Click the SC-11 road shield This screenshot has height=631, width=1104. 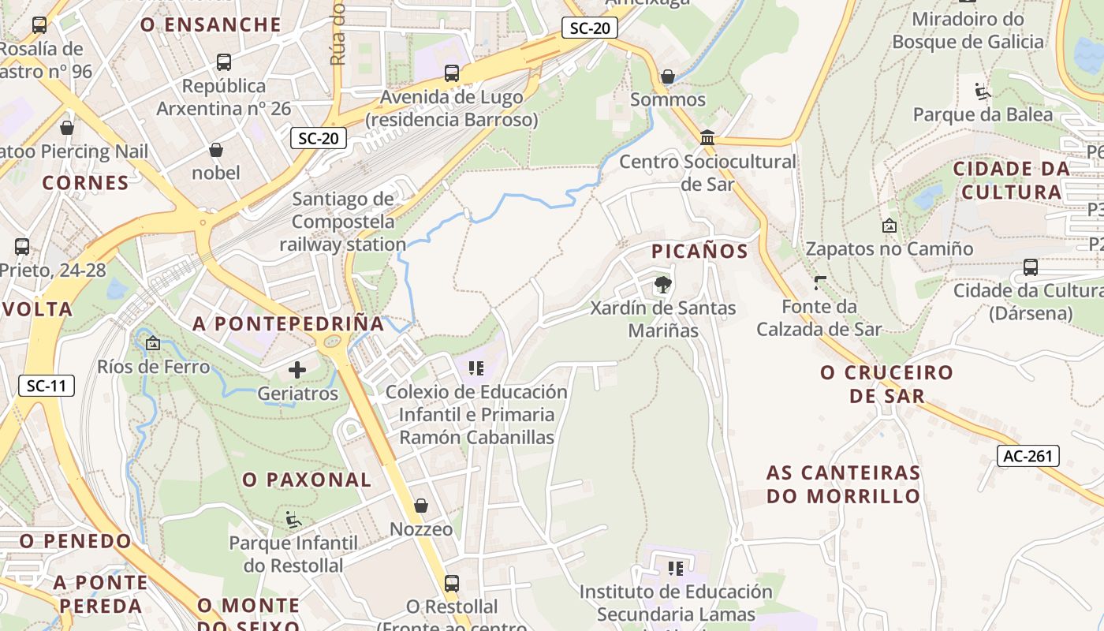click(x=47, y=386)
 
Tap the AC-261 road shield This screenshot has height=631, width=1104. click(x=1028, y=456)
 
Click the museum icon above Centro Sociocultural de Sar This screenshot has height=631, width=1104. click(x=707, y=138)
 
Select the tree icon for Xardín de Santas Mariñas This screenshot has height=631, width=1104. click(x=662, y=284)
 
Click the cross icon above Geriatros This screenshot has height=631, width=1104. click(x=297, y=369)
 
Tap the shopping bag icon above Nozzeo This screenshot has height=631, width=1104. click(x=421, y=505)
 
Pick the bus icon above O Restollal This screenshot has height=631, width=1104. click(x=452, y=583)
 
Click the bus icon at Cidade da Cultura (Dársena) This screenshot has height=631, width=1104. click(x=1031, y=267)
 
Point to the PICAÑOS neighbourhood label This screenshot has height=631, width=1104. click(x=699, y=252)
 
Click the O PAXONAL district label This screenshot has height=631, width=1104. click(x=307, y=480)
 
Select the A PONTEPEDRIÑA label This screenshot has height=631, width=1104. click(x=289, y=323)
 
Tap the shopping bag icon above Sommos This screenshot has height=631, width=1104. click(x=668, y=76)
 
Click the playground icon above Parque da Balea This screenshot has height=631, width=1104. click(x=983, y=91)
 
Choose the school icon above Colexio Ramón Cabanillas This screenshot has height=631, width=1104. click(x=476, y=368)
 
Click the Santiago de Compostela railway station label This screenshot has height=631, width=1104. click(x=343, y=222)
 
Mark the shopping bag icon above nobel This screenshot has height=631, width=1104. click(x=216, y=149)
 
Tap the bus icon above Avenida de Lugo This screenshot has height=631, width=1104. click(x=452, y=73)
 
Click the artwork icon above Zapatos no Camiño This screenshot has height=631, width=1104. click(x=890, y=226)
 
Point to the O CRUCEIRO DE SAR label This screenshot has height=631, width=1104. click(x=886, y=383)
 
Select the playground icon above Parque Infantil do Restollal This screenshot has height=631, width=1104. click(x=293, y=519)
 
